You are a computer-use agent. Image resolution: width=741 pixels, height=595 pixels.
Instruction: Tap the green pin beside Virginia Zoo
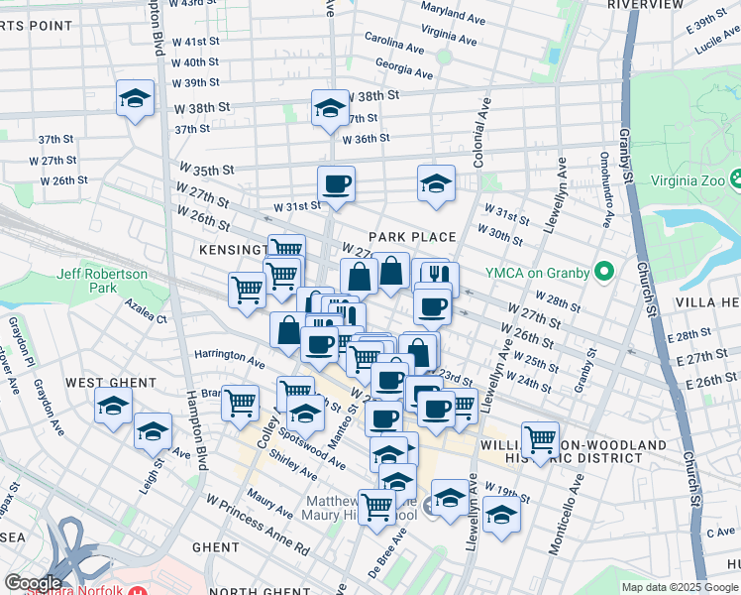736,179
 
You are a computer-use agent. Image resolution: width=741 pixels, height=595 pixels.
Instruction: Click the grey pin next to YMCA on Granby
602,273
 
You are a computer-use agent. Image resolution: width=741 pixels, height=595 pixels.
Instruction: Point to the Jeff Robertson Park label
102,281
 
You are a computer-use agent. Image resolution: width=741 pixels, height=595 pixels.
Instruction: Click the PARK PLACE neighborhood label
412,237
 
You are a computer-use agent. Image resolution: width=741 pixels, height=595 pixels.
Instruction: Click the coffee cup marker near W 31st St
336,183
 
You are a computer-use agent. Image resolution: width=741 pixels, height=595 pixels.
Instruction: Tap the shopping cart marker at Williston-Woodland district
540,439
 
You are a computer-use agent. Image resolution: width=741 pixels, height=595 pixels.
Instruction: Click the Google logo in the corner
33,583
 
